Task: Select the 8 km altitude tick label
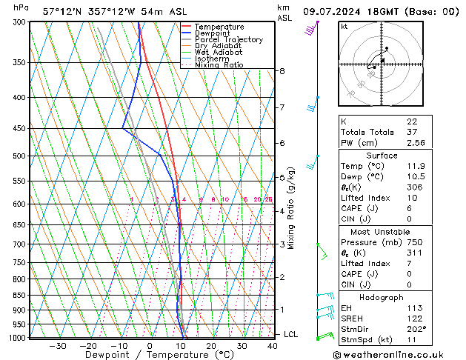tap(282, 71)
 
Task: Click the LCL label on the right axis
tap(290, 335)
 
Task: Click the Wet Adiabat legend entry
tap(219, 52)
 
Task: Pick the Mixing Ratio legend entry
tap(219, 64)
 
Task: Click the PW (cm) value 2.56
tap(416, 143)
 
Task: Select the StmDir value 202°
tap(416, 329)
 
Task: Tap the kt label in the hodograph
tap(344, 26)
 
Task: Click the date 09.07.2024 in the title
tap(333, 12)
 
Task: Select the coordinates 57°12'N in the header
tap(64, 12)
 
